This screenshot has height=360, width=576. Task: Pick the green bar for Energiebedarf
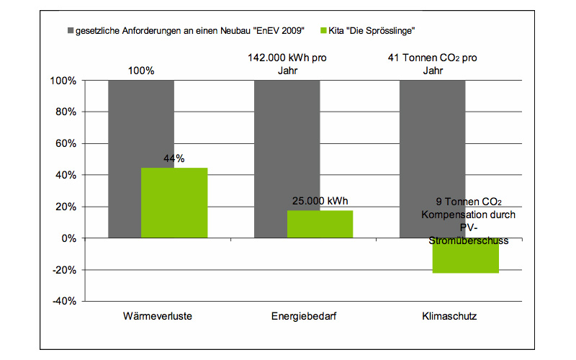pos(320,224)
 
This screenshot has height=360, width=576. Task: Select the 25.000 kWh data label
pos(320,201)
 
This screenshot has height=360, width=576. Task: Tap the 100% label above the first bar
pos(141,71)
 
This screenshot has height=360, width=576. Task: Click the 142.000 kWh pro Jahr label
pos(287,65)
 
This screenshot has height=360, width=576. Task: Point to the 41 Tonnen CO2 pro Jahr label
pos(433,65)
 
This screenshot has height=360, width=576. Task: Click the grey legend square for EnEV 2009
pos(71,31)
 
